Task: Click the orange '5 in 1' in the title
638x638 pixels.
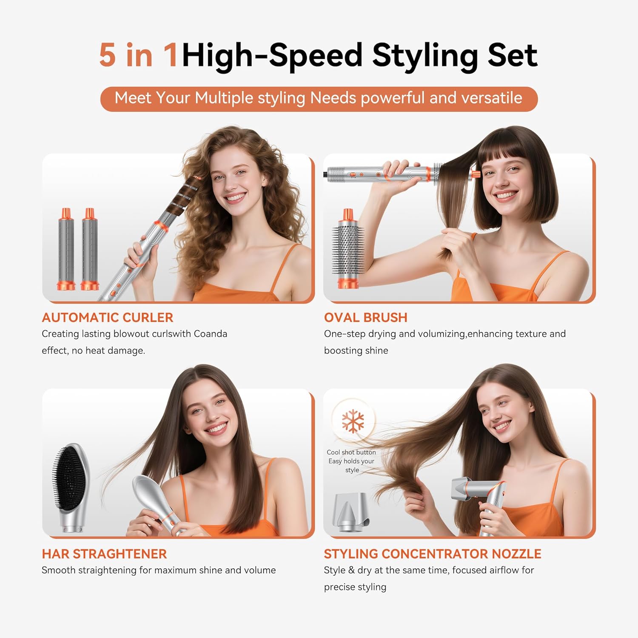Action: (138, 55)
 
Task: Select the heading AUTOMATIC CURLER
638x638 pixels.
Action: (107, 318)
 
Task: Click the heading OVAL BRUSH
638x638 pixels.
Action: (365, 318)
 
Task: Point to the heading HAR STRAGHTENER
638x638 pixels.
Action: (104, 554)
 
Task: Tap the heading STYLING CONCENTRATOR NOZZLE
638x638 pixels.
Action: (432, 554)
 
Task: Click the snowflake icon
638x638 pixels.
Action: (353, 421)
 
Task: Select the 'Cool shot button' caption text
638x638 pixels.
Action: (351, 453)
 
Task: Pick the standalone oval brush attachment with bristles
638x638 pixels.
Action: (348, 249)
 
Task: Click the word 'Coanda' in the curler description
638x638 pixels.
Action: (210, 334)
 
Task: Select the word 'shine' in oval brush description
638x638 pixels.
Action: (376, 351)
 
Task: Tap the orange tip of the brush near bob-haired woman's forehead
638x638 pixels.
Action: (475, 174)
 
